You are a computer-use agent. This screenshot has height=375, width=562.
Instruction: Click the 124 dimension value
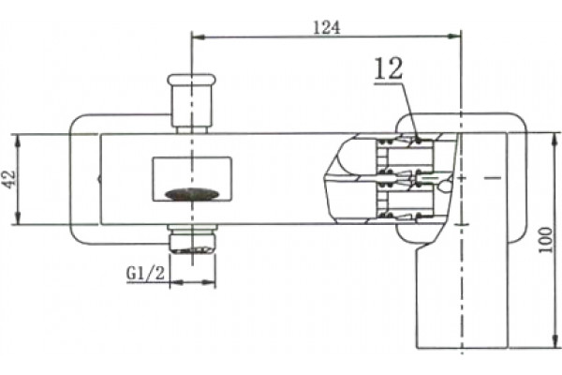tap(326, 27)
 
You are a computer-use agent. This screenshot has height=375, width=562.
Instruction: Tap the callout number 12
tap(389, 68)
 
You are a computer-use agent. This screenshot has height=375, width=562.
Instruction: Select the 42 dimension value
tap(9, 179)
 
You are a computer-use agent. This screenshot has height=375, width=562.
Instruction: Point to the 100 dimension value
tap(545, 240)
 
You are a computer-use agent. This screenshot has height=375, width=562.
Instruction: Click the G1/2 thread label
tap(145, 274)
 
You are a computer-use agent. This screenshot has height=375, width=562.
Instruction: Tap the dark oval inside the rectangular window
tap(192, 193)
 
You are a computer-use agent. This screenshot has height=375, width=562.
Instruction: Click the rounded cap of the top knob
tap(192, 80)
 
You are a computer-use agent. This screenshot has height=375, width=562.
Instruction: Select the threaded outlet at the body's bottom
tap(192, 239)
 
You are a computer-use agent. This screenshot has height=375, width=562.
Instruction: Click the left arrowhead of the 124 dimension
tap(199, 37)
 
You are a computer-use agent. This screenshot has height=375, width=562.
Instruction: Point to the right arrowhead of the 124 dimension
tap(454, 36)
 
